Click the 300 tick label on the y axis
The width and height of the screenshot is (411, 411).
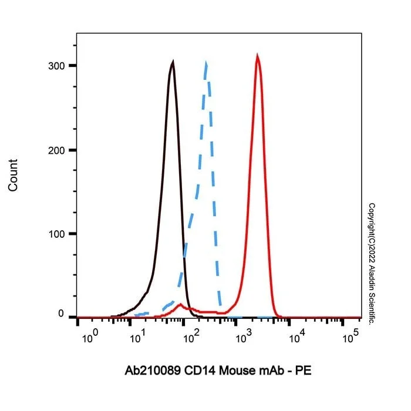tap(56, 66)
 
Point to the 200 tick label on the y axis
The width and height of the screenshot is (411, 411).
tap(56, 151)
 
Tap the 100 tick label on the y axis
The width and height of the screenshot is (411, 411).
tap(56, 234)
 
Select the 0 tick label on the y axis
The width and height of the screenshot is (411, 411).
tap(61, 314)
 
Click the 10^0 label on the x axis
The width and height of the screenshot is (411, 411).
tap(90, 337)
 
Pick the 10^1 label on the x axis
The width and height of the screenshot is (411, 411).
tap(138, 337)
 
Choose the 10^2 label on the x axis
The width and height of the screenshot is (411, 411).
tap(191, 337)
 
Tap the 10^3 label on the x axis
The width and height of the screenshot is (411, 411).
tap(244, 337)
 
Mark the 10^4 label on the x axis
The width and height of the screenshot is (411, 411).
tap(297, 337)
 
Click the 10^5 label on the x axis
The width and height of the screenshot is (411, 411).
tap(351, 337)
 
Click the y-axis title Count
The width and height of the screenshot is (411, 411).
tap(12, 176)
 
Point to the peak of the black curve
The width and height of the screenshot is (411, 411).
tap(173, 61)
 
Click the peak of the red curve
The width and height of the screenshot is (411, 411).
tap(257, 55)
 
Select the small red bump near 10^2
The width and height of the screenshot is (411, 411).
tap(180, 305)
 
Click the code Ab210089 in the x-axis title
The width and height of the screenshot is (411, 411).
tap(153, 371)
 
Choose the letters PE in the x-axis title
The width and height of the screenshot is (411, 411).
tap(304, 371)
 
